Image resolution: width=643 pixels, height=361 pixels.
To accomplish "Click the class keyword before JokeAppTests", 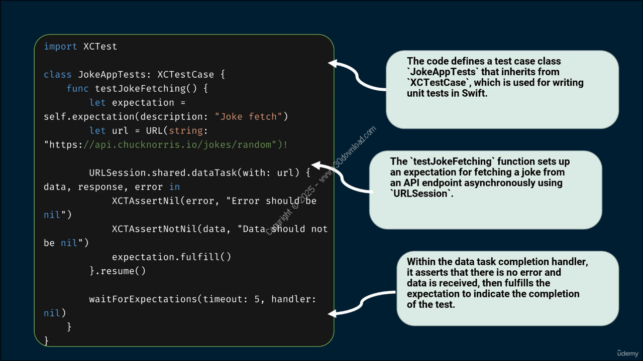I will (x=58, y=75).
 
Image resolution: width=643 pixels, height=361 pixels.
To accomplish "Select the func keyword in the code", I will (x=77, y=89).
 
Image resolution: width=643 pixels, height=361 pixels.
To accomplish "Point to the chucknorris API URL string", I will (x=166, y=145).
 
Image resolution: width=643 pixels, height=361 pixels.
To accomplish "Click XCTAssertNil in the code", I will (x=146, y=201).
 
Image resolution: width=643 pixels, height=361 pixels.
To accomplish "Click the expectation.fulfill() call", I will (x=171, y=257).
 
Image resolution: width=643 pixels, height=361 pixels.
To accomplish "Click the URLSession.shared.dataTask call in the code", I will (x=163, y=173).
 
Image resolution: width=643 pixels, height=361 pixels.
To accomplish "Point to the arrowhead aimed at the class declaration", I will (x=333, y=63).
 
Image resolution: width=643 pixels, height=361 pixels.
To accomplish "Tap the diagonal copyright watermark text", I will (x=321, y=180).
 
